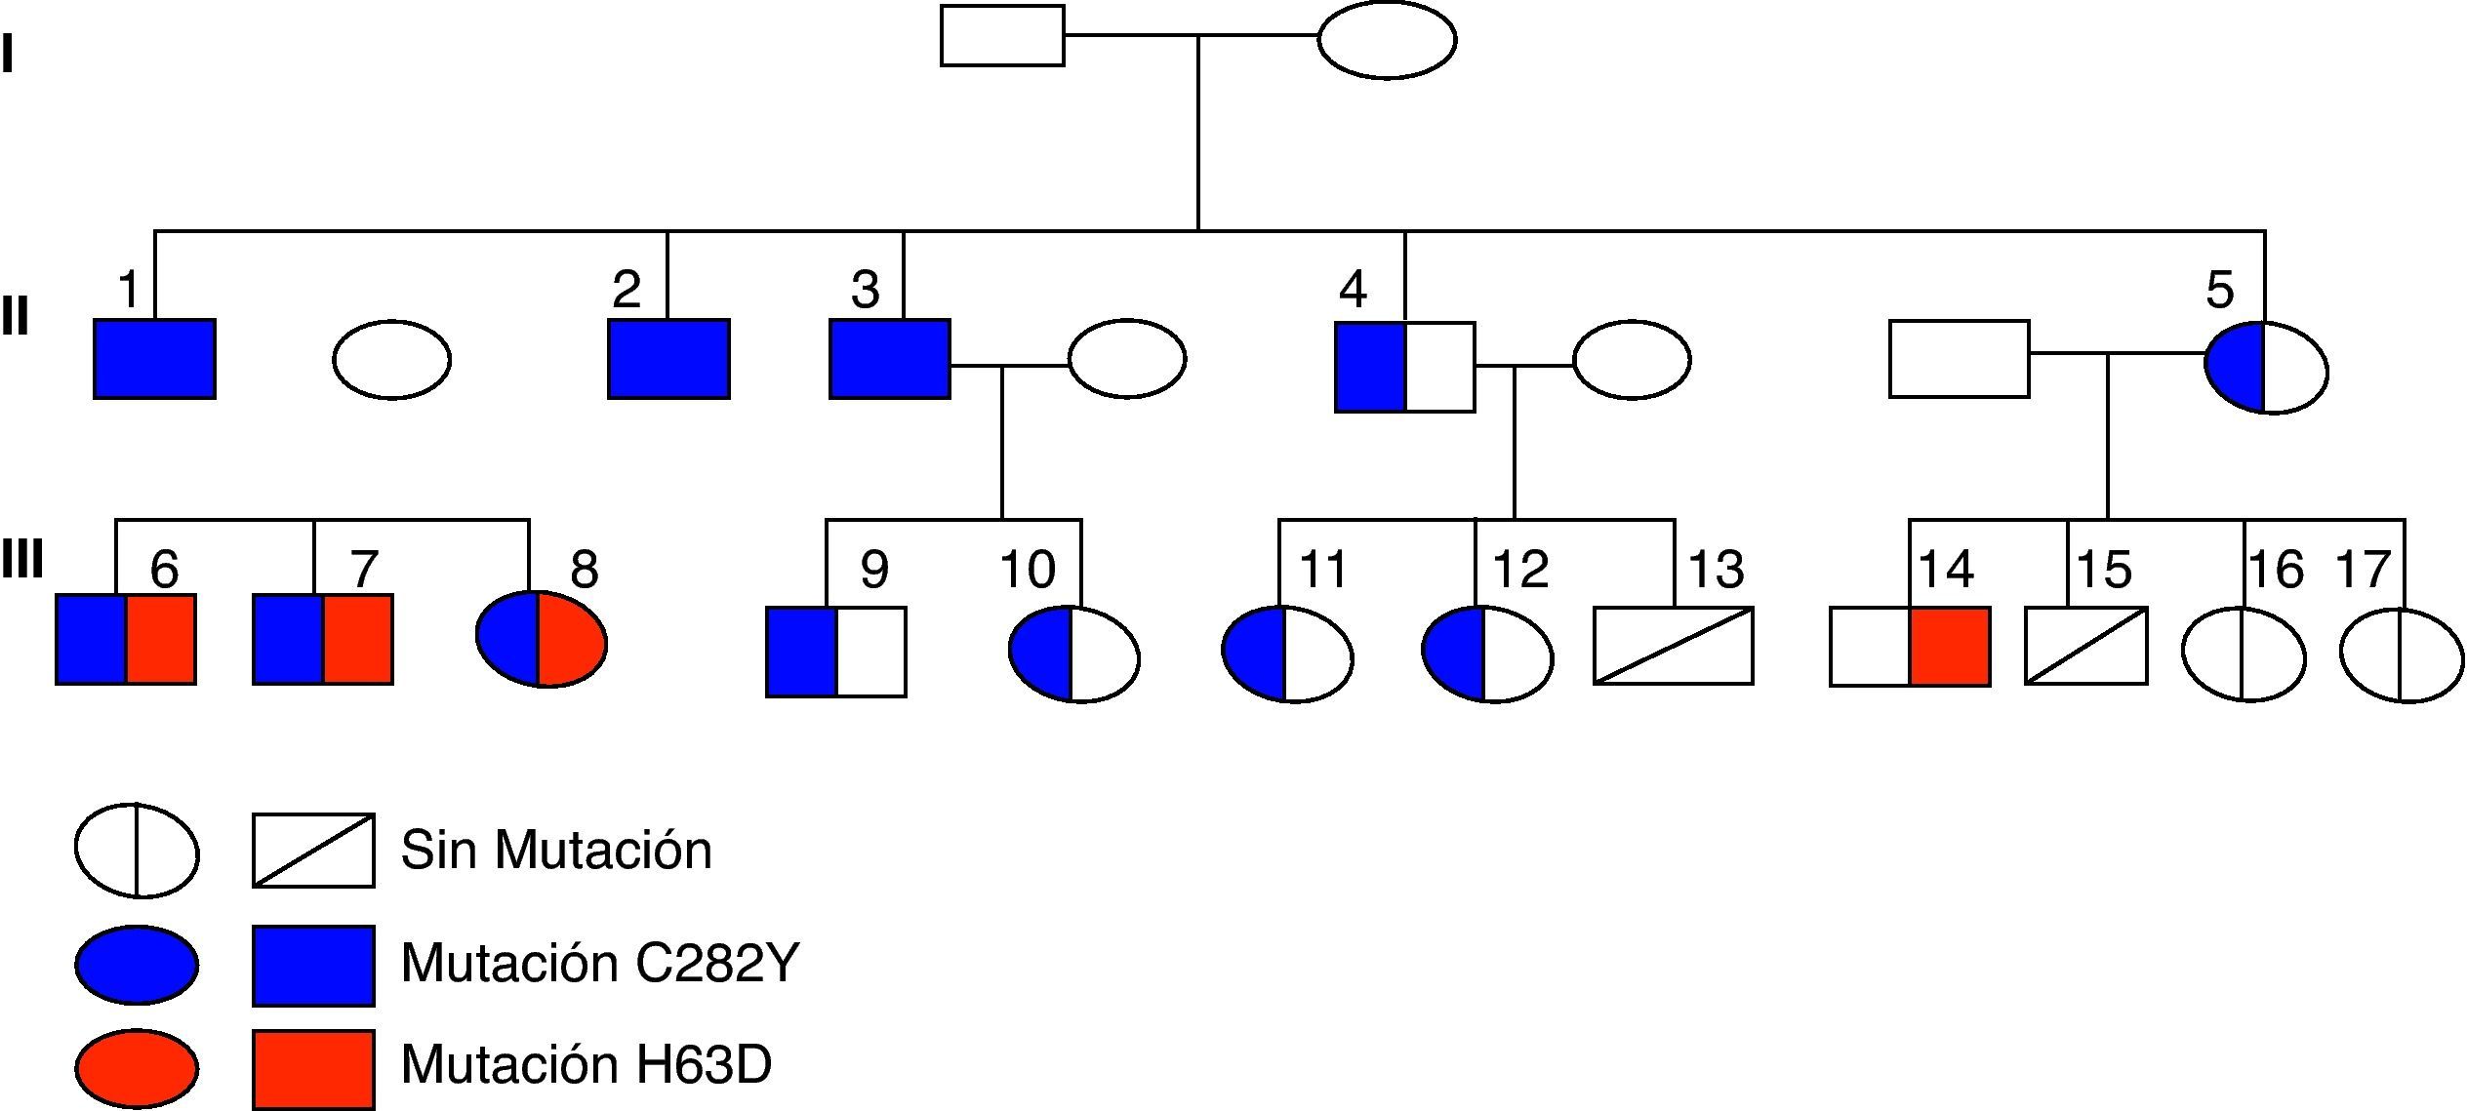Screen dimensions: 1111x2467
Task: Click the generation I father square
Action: click(x=1002, y=36)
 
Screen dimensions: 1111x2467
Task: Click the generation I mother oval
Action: click(x=1387, y=40)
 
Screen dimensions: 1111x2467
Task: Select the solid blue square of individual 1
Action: click(x=154, y=359)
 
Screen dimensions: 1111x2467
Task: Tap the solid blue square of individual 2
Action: click(x=668, y=359)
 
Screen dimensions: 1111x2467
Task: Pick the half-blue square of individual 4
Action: click(x=1404, y=367)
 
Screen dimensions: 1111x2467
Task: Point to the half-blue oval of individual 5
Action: click(x=2266, y=368)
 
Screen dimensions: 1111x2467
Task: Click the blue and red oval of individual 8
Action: click(x=542, y=639)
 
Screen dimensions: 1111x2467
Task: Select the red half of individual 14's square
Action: click(x=1949, y=647)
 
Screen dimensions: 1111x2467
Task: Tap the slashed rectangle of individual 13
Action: click(x=1673, y=646)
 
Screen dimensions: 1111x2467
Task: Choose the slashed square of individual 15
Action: click(x=2085, y=646)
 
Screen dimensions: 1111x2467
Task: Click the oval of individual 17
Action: click(x=2402, y=655)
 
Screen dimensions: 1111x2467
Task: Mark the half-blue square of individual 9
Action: click(x=836, y=652)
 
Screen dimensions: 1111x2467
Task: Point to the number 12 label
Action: click(x=1520, y=570)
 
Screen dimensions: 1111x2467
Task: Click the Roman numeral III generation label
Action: click(x=22, y=561)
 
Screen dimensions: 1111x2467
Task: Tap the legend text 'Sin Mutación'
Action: click(x=556, y=850)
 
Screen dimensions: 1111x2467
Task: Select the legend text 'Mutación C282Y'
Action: click(x=600, y=963)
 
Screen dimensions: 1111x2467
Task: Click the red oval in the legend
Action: click(x=137, y=1068)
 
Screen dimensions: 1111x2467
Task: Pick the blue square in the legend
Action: click(x=313, y=966)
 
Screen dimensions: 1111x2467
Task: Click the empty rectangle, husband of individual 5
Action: click(x=1959, y=359)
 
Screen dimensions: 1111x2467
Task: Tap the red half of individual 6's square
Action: click(x=161, y=639)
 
